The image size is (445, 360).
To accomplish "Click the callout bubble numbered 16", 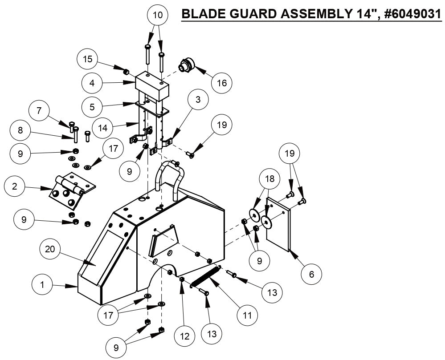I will point(222,82).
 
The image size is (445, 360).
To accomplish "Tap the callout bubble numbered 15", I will point(88,59).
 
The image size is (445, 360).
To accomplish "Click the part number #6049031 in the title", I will point(412,14).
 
